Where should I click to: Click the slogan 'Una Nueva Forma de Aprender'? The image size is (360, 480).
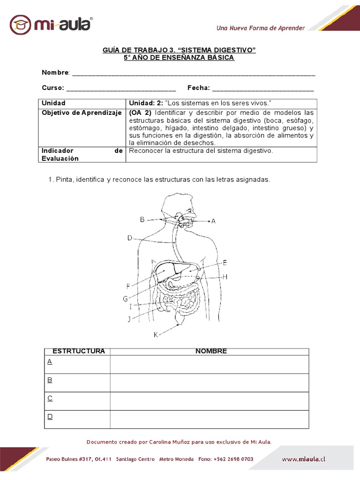pyautogui.click(x=260, y=28)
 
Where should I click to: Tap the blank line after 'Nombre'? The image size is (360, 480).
pyautogui.click(x=194, y=73)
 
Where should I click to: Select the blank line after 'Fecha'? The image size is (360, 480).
pyautogui.click(x=263, y=88)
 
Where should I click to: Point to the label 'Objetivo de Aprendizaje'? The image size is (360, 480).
pyautogui.click(x=82, y=113)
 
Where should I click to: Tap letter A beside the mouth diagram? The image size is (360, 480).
pyautogui.click(x=213, y=221)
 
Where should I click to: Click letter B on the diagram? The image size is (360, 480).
pyautogui.click(x=142, y=219)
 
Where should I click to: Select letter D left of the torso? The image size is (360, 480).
pyautogui.click(x=130, y=238)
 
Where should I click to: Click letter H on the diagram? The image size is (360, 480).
pyautogui.click(x=225, y=277)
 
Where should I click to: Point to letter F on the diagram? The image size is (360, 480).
pyautogui.click(x=128, y=286)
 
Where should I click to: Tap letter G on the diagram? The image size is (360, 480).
pyautogui.click(x=126, y=298)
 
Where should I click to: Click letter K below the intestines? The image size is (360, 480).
pyautogui.click(x=156, y=334)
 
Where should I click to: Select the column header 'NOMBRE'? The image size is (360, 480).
pyautogui.click(x=211, y=351)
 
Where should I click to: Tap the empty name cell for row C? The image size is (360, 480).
pyautogui.click(x=210, y=401)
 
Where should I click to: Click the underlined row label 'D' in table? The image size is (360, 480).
pyautogui.click(x=50, y=416)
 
